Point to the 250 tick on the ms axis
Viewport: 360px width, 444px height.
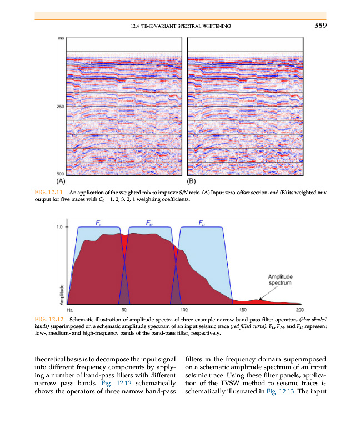[x=59, y=107]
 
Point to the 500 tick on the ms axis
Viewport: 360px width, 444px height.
[x=59, y=173]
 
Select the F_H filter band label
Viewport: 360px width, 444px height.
[x=201, y=223]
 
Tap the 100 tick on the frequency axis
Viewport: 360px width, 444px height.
[x=184, y=310]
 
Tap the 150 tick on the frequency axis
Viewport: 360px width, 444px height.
[x=242, y=310]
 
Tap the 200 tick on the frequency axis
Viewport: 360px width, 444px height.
[x=300, y=310]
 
